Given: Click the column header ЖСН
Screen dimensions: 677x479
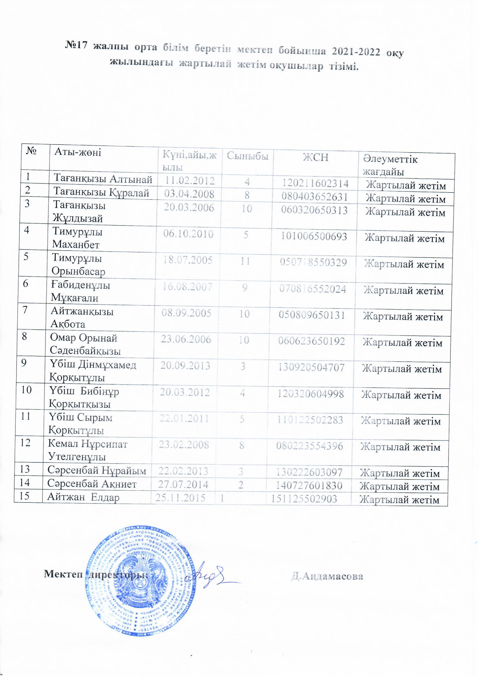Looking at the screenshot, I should click(x=316, y=158).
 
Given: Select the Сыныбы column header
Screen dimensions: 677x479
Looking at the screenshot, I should click(x=247, y=156).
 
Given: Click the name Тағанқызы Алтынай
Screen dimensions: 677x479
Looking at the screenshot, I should click(x=103, y=179).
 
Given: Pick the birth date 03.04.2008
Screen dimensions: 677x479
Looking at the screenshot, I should click(x=189, y=194).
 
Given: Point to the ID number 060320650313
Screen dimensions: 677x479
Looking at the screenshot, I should click(x=314, y=210).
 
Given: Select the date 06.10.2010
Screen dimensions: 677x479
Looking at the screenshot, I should click(x=188, y=234).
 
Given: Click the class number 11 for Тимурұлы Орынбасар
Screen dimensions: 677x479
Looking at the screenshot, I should click(x=245, y=261).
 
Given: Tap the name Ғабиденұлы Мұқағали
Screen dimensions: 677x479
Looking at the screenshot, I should click(x=80, y=291).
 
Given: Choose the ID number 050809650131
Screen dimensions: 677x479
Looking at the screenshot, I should click(x=312, y=315).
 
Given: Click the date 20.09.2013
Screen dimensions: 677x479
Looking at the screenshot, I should click(x=185, y=366).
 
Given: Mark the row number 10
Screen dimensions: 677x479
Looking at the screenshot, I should click(x=26, y=390).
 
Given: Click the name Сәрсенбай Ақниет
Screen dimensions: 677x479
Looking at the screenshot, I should click(x=92, y=484).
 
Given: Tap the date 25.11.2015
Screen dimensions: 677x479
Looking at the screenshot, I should click(x=180, y=498).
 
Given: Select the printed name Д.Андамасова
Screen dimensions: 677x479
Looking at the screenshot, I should click(x=327, y=576).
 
